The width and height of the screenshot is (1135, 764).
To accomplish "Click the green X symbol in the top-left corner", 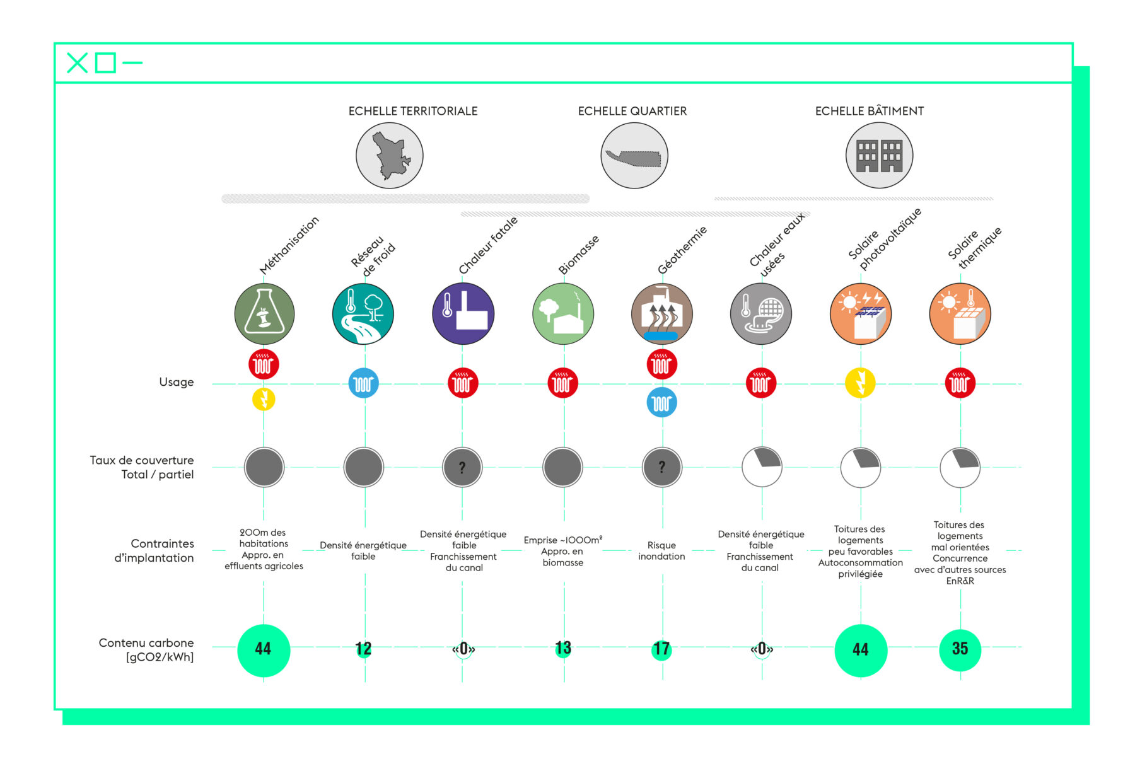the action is (x=77, y=63).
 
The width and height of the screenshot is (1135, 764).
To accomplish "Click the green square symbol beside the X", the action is (x=105, y=63).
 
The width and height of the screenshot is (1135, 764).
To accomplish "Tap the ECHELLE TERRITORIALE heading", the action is (x=413, y=111).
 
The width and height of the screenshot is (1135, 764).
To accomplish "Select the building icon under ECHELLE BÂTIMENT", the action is (x=879, y=155).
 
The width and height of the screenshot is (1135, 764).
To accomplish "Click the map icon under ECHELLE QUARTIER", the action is (x=634, y=155).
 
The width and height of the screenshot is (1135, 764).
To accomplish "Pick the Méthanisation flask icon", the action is (x=264, y=314).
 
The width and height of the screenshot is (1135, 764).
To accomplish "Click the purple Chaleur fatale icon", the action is (x=463, y=314).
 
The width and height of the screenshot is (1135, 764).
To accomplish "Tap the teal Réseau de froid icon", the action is (x=363, y=314).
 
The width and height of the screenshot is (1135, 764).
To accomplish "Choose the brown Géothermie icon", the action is (x=661, y=314).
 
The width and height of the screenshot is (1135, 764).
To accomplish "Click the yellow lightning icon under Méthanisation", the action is (x=264, y=399).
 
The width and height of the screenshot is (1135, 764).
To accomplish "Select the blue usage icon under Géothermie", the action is (x=661, y=402).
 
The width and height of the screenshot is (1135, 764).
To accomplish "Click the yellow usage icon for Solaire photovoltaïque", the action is (x=860, y=383).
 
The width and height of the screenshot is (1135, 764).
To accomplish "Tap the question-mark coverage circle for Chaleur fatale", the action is (x=462, y=467).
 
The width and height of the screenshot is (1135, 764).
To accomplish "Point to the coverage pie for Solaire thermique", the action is (x=960, y=468).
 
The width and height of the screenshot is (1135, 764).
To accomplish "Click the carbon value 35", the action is (x=960, y=649).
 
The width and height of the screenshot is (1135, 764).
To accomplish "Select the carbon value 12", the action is (x=363, y=649).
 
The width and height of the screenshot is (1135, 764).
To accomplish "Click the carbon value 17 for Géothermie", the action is (x=661, y=649).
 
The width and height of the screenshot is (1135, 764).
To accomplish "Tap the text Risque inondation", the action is (x=661, y=550).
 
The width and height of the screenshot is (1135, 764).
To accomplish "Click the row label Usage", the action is (x=177, y=382).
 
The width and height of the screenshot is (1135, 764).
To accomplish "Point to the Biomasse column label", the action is (x=578, y=255).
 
